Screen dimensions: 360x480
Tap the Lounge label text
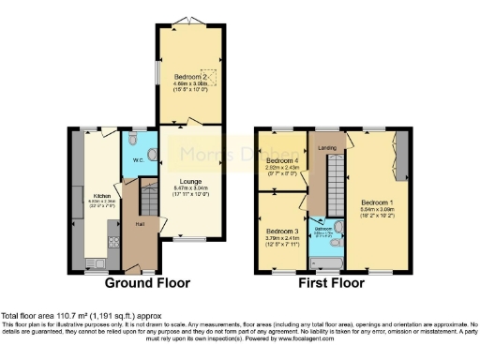[x=189, y=180]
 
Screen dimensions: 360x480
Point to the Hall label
[x=139, y=224]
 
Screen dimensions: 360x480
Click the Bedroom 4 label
[x=281, y=160]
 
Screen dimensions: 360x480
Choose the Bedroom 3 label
[x=281, y=231]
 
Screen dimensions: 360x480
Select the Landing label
[x=328, y=145]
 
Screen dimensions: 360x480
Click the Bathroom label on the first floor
[x=323, y=228]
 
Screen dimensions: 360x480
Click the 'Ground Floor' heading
[x=147, y=282]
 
